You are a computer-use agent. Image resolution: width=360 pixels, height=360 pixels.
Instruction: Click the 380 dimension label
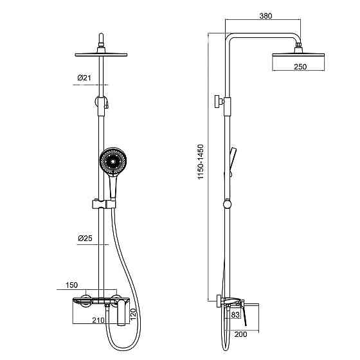click(265, 16)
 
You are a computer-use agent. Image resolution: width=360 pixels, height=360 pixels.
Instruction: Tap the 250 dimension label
click(300, 67)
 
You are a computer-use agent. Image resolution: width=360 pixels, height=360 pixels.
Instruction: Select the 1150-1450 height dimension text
click(201, 162)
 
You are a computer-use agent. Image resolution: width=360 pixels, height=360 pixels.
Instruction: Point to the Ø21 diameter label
click(84, 78)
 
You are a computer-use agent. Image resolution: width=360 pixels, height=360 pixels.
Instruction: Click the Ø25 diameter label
click(85, 239)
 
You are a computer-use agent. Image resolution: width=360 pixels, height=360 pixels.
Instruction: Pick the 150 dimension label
click(72, 285)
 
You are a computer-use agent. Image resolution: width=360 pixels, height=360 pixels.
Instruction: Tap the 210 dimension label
click(98, 320)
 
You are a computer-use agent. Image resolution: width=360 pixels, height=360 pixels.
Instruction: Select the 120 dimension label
click(133, 314)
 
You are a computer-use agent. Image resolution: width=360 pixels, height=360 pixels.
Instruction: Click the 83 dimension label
click(235, 315)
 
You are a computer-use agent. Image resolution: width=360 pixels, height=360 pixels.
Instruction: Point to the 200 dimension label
click(240, 334)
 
